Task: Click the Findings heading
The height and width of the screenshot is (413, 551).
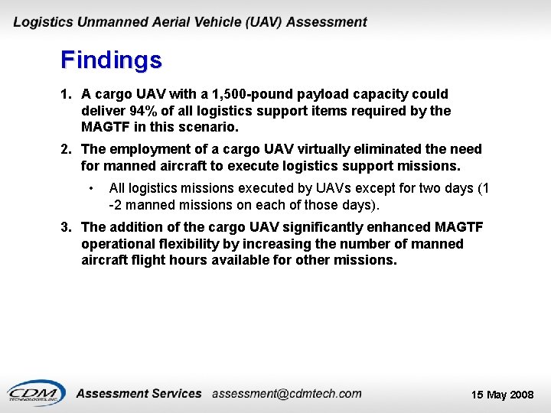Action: coord(111,60)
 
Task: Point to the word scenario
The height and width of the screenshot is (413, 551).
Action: coord(210,127)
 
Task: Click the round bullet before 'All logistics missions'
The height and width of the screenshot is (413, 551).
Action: coord(90,188)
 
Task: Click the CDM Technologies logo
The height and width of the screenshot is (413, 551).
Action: coord(36,393)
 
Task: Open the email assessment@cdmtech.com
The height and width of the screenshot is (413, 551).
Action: coord(286,394)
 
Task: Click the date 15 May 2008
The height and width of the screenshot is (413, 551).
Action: coord(502,395)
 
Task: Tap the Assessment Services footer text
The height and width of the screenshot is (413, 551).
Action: coord(139,394)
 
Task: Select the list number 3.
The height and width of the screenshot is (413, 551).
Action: coord(67,227)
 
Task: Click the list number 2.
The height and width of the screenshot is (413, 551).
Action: coord(67,149)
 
